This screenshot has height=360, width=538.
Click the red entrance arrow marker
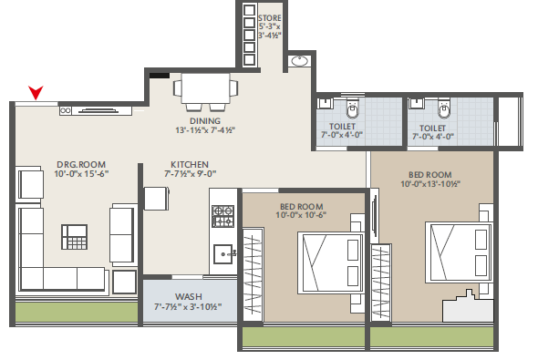click(x=36, y=92)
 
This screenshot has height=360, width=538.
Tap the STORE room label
click(x=270, y=18)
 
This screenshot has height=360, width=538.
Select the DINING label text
click(x=205, y=121)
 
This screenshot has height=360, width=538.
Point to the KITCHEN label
click(x=190, y=165)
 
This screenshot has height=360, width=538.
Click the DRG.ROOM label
click(x=81, y=165)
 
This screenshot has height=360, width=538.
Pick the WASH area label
click(x=189, y=296)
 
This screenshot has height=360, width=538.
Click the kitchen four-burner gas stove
click(x=223, y=216)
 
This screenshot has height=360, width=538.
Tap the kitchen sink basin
click(x=223, y=253)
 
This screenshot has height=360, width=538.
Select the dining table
click(x=205, y=88)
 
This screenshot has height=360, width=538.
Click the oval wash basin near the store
click(x=300, y=61)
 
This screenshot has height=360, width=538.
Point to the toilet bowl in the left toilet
click(x=352, y=108)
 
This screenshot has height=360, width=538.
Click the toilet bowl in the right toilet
click(x=444, y=108)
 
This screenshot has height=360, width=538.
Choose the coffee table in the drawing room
click(x=74, y=237)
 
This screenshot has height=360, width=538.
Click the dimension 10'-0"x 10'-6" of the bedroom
click(x=301, y=215)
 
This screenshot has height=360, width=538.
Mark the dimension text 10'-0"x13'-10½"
click(x=430, y=184)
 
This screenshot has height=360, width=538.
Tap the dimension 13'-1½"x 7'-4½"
click(x=205, y=130)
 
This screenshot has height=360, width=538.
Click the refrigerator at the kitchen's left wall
click(x=157, y=198)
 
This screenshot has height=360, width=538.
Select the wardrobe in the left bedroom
click(x=253, y=274)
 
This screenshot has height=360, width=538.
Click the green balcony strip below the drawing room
click(x=77, y=312)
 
